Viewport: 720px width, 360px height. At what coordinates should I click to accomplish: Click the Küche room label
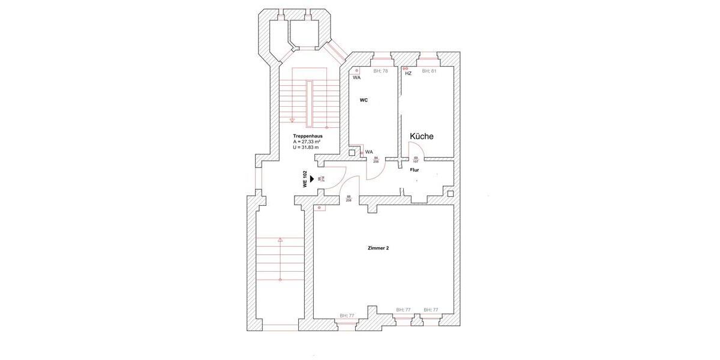tap(421, 136)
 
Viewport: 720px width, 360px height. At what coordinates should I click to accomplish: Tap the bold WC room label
tap(364, 100)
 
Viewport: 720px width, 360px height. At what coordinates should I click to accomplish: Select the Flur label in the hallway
tap(414, 170)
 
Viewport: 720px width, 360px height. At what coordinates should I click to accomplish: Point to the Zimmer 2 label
tap(378, 248)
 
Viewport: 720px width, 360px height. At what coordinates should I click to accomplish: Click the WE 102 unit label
tap(305, 179)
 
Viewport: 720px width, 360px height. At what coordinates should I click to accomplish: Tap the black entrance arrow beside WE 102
tap(312, 179)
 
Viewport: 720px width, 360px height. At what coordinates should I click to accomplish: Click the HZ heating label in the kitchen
tap(408, 73)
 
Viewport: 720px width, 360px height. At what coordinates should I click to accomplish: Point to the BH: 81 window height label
tap(428, 71)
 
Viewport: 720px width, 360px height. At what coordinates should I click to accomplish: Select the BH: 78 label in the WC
tap(380, 71)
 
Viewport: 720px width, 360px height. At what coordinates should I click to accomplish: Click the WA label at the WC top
tap(356, 77)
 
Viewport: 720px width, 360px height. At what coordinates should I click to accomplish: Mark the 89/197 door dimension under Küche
tap(416, 160)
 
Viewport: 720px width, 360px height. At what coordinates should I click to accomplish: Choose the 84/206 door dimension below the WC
tap(376, 160)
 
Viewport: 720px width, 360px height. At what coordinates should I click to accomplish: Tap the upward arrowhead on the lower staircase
tap(280, 240)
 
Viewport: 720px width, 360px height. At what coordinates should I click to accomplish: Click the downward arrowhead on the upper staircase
tap(292, 121)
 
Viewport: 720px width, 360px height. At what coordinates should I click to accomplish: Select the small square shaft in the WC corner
tap(352, 152)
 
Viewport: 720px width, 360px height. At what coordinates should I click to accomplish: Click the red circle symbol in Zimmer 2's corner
tap(320, 208)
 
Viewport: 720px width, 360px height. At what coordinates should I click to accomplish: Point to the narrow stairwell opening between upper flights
tap(310, 103)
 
